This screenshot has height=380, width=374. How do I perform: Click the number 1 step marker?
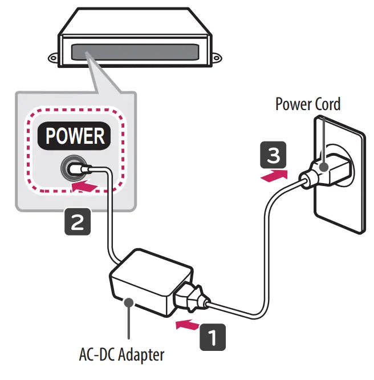point(212,336)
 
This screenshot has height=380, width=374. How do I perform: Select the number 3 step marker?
point(271,154)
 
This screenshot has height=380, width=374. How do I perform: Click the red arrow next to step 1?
point(186,326)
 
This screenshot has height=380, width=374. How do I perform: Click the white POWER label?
point(75,136)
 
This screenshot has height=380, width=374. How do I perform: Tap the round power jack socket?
point(73,168)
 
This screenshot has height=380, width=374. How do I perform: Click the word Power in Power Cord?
point(294,104)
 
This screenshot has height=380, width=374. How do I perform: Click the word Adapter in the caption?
point(142,354)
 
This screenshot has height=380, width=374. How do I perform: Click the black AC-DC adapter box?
point(140,280)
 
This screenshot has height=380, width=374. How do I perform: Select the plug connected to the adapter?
point(192,297)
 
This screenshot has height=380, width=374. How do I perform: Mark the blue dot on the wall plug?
point(323,167)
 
